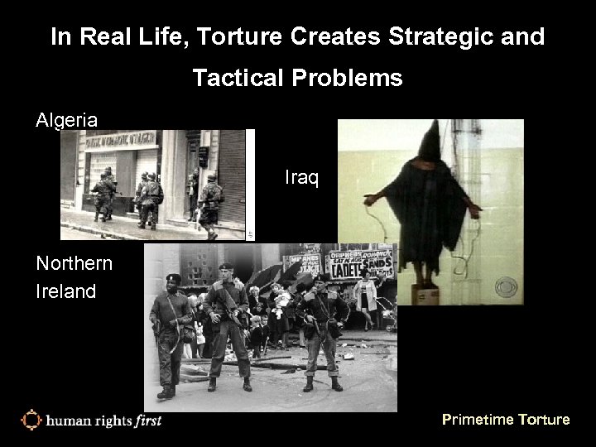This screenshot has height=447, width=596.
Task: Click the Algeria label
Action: [66, 120]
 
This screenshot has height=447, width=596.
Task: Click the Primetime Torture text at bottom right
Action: [506, 420]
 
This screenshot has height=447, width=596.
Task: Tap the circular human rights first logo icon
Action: [31, 420]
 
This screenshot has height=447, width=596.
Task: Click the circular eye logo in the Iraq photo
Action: [505, 287]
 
